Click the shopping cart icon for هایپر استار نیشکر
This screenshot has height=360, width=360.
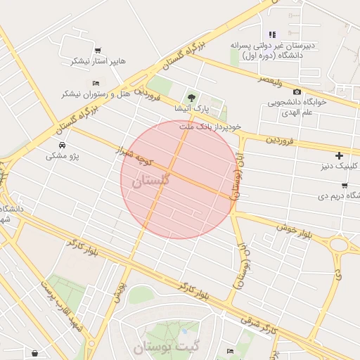click(x=98, y=50)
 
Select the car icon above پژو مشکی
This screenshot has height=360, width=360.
click(x=63, y=145)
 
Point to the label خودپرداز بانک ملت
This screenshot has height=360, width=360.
click(x=210, y=127)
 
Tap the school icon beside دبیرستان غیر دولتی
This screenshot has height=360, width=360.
click(x=272, y=34)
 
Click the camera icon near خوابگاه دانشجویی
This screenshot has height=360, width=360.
click(x=297, y=92)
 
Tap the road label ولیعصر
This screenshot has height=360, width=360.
click(x=269, y=82)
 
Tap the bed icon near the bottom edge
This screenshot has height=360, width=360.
click(x=230, y=351)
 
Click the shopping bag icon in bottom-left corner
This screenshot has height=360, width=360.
click(x=34, y=352)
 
